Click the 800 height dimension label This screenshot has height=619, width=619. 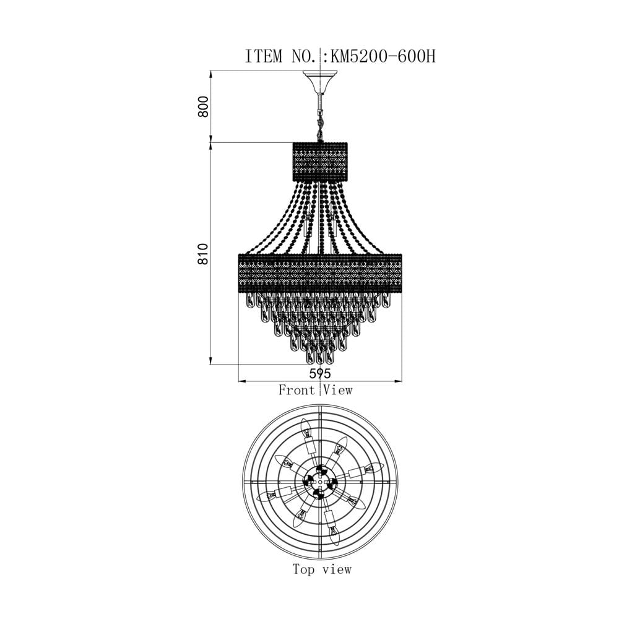click(x=203, y=106)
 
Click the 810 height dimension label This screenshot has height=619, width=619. click(x=203, y=254)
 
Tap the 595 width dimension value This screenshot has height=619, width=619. click(x=320, y=373)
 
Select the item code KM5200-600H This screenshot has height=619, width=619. click(x=383, y=56)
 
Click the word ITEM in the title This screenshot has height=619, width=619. click(x=264, y=56)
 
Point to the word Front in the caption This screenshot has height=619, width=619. click(x=297, y=390)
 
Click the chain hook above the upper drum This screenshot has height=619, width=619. click(x=320, y=123)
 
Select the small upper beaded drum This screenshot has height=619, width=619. click(x=320, y=162)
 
